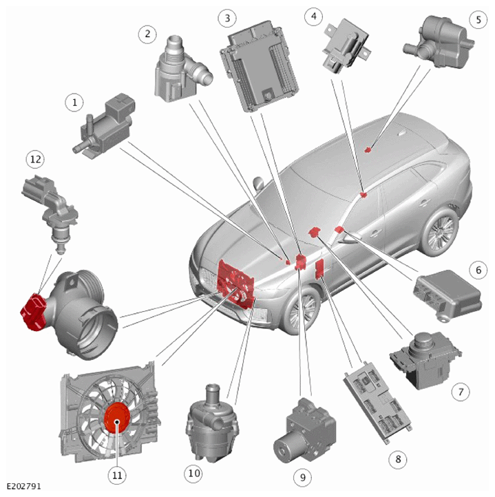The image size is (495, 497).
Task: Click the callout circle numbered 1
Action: pos(74,103)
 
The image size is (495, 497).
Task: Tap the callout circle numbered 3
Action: pos(227,18)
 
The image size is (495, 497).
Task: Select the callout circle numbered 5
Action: pos(478,20)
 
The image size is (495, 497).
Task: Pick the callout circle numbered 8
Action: pos(398,458)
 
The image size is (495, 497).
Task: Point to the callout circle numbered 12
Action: pos(35,159)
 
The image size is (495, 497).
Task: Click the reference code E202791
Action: pos(24,486)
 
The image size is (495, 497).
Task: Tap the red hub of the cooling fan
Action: pos(117,418)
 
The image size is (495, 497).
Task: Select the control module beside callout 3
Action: pos(260,66)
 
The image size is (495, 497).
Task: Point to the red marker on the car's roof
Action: pos(368,149)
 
